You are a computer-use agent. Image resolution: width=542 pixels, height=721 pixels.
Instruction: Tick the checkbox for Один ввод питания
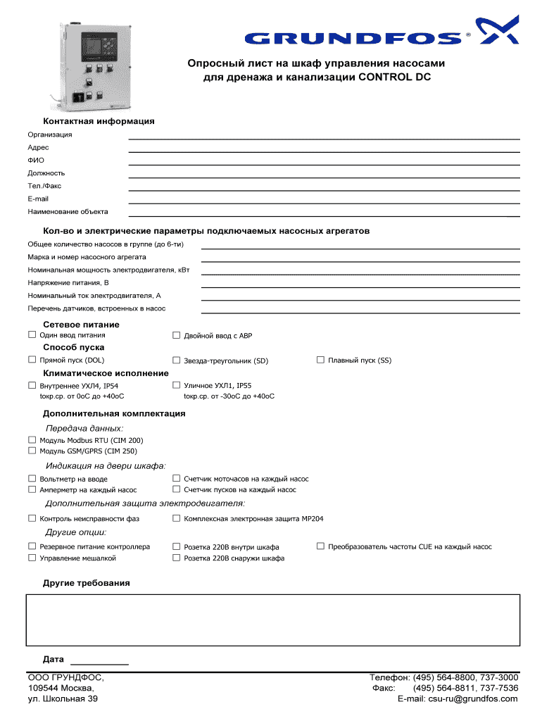point(32,335)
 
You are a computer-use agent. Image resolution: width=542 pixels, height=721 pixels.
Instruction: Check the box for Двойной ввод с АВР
point(177,335)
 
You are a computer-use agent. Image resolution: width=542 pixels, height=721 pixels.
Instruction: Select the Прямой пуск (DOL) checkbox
point(32,360)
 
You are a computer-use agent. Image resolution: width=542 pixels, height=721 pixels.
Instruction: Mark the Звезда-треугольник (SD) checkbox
point(177,360)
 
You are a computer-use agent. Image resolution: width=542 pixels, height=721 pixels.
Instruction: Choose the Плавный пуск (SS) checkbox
point(320,360)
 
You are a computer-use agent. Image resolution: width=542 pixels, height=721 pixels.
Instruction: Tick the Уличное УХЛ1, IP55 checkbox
point(177,385)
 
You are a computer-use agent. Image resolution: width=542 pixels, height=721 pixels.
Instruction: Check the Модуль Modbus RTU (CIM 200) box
point(32,440)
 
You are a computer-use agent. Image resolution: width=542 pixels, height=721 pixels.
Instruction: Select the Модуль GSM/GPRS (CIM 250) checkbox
point(32,451)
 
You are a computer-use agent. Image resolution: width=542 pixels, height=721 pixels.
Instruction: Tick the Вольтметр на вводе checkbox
point(32,478)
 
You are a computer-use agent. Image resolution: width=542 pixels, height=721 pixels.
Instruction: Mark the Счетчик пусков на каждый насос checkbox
point(177,489)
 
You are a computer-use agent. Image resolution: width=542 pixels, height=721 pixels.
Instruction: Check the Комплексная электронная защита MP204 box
point(177,518)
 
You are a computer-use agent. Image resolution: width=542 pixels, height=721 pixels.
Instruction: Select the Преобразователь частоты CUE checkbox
point(320,546)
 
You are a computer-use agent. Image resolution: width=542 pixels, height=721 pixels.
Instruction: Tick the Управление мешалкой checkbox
point(32,558)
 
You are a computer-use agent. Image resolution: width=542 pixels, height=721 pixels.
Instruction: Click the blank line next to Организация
point(324,137)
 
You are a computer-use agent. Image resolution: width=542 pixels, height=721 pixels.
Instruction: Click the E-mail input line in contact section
point(324,201)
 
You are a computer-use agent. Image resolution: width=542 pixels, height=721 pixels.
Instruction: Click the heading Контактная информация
point(99,121)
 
